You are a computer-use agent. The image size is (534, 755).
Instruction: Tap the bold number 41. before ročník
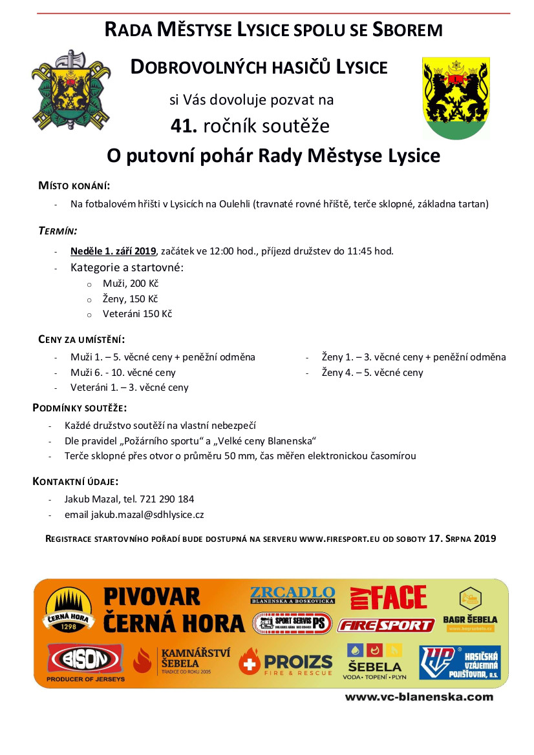tap(184, 126)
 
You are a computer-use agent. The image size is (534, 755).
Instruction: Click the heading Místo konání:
tap(74, 186)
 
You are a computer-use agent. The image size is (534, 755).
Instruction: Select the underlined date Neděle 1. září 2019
tap(114, 251)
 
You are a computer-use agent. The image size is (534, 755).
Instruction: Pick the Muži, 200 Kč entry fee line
tap(131, 284)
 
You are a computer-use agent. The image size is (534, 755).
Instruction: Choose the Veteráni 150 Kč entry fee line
tap(137, 315)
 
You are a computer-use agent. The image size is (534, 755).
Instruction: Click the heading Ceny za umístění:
tap(81, 340)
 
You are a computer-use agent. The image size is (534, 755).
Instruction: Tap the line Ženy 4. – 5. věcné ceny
tap(372, 373)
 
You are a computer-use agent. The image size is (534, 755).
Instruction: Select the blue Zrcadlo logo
tap(292, 595)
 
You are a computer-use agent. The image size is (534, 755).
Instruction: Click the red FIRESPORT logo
tap(386, 625)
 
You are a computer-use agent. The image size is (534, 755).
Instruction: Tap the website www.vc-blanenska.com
tap(419, 697)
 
